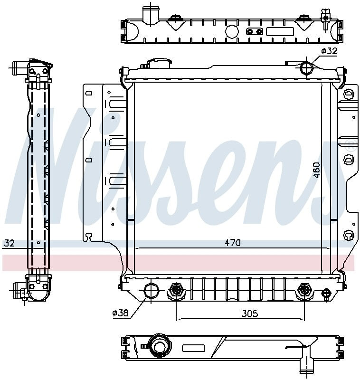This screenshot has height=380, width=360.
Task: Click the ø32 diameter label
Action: [x=329, y=51]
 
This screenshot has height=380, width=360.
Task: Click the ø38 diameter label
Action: [x=120, y=313]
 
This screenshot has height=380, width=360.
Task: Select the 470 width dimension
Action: [x=232, y=243]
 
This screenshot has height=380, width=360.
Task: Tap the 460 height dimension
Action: [x=316, y=170]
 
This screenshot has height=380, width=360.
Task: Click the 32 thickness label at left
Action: [x=9, y=243]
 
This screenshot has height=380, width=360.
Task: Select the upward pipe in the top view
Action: [x=151, y=13]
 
